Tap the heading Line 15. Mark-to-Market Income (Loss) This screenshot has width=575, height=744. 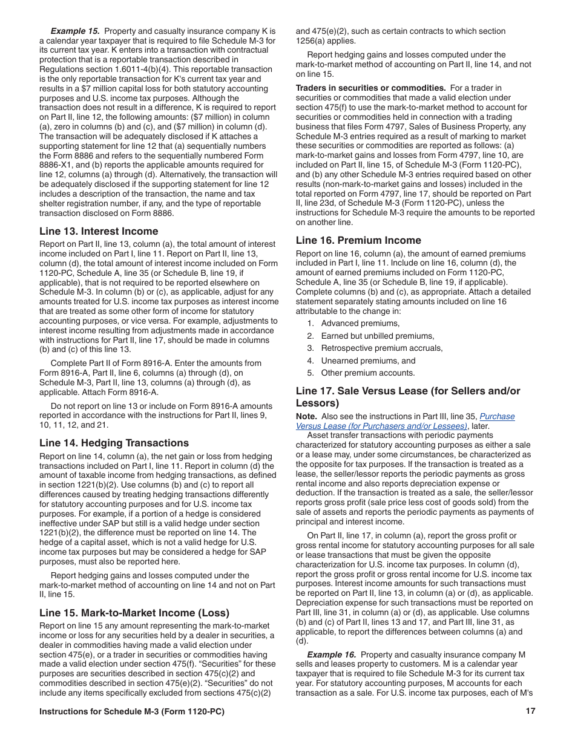coord(134,613)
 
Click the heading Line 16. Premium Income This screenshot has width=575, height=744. coord(358,240)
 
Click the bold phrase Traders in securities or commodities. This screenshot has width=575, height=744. coord(370,88)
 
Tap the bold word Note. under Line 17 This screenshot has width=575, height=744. coord(306,416)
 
